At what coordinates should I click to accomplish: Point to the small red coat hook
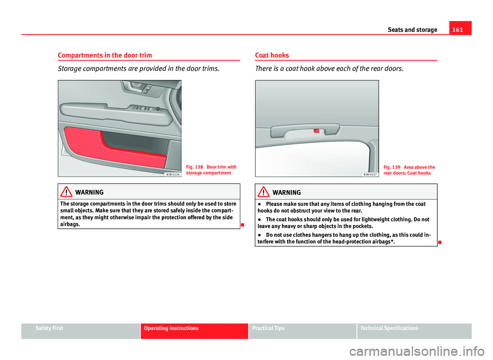[x=316, y=131]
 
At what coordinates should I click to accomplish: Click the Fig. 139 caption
[x=409, y=169]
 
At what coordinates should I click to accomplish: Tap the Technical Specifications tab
[x=392, y=328]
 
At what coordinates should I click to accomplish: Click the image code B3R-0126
[x=173, y=174]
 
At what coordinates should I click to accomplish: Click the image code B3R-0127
[x=370, y=174]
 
